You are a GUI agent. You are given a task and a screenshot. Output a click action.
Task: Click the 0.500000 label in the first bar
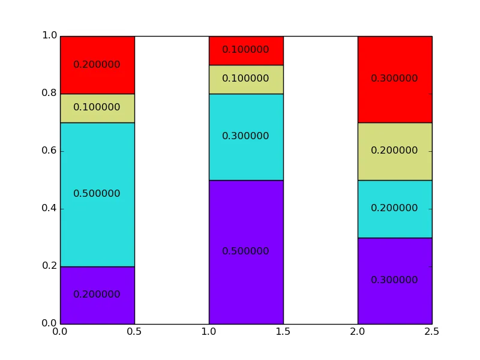tap(97, 194)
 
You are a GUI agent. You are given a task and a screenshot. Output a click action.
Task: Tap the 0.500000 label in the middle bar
tap(245, 251)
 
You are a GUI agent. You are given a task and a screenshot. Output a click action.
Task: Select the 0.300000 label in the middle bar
tap(245, 136)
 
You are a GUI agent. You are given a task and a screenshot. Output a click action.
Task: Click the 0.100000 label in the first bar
tap(97, 107)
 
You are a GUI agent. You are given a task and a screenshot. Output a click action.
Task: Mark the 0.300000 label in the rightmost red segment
tap(394, 79)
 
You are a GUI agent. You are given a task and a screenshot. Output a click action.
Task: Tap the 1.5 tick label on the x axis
tap(283, 332)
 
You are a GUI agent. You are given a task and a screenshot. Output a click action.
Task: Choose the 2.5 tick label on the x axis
tap(432, 332)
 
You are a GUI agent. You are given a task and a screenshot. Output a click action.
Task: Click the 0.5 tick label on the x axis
tap(134, 332)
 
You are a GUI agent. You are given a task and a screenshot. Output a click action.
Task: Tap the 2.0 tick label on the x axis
tap(358, 332)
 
